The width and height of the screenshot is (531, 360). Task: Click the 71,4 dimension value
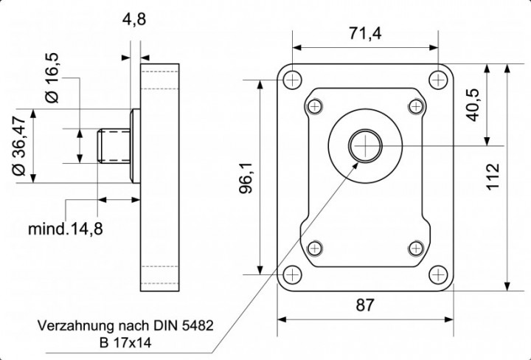tap(365, 33)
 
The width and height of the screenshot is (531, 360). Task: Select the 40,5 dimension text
tap(472, 104)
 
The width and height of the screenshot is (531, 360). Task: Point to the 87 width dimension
tap(366, 304)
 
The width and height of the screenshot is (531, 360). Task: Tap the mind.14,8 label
tap(66, 228)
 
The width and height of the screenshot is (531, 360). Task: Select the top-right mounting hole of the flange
tap(437, 79)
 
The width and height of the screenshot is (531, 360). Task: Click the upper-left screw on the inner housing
tap(316, 106)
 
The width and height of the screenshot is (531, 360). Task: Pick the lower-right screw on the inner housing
tap(415, 247)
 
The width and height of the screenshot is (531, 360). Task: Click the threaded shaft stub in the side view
tap(113, 145)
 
